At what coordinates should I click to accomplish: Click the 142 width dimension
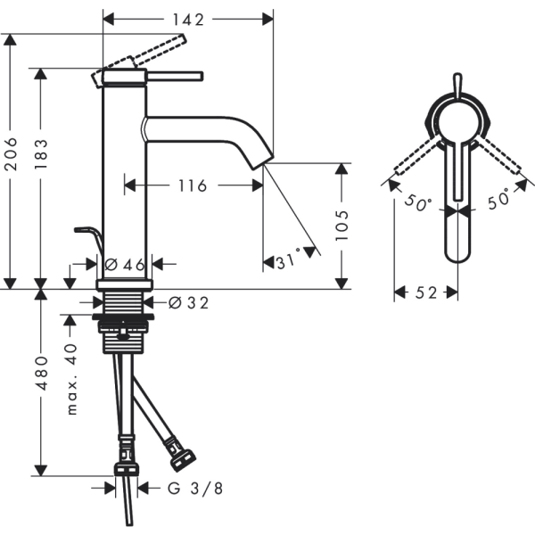pos(188,20)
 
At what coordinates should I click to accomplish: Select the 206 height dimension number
pos(11,154)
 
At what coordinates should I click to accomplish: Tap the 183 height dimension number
pos(41,154)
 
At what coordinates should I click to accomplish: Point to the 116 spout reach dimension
pos(193,186)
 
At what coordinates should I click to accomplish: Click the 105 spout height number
pos(342,226)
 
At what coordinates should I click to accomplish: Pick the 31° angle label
pos(288,260)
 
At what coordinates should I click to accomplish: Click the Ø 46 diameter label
pos(125,265)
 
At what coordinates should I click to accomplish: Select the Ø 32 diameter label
pos(188,302)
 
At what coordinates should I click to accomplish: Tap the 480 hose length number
pos(42,373)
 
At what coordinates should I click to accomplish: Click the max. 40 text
pos(72,380)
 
